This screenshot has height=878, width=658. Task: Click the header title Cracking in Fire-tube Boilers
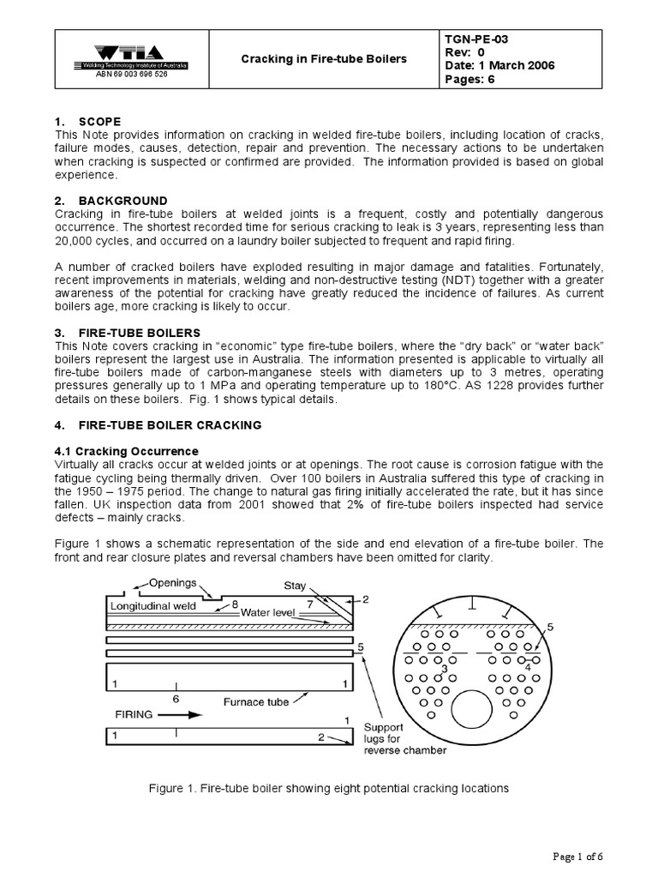click(x=325, y=58)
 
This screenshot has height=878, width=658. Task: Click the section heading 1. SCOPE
click(x=87, y=121)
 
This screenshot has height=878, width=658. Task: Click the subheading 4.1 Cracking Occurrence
click(x=126, y=451)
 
